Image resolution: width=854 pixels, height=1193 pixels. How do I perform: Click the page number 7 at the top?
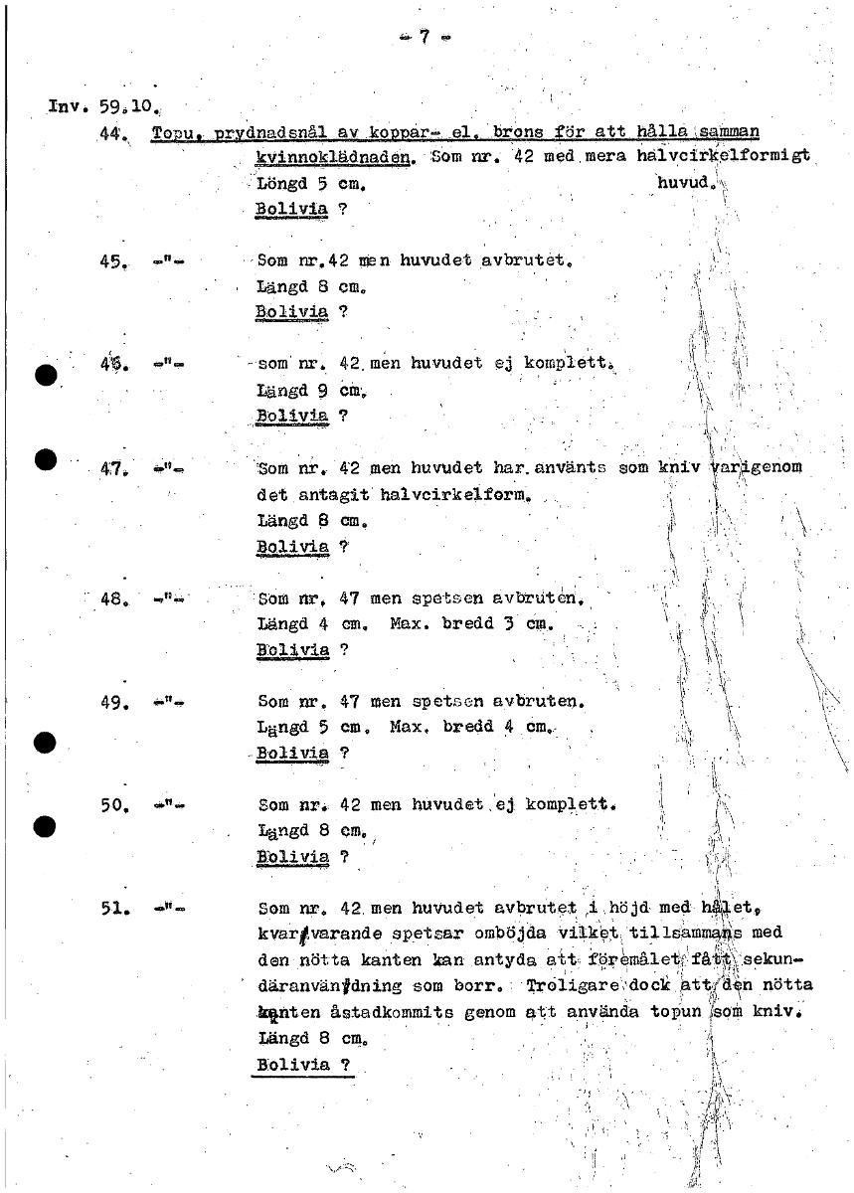[424, 38]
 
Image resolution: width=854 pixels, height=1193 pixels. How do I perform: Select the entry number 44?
[111, 133]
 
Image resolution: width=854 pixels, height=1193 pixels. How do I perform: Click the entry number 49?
[111, 702]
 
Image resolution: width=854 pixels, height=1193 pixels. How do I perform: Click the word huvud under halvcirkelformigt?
[682, 184]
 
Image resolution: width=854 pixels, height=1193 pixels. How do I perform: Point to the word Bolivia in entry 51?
[292, 1065]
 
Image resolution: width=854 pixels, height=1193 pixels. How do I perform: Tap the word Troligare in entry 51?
[568, 986]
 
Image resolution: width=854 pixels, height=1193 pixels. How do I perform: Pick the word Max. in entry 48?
[408, 625]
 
